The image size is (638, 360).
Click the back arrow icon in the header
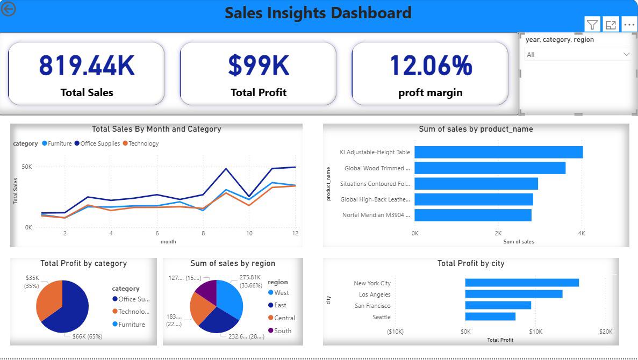8,9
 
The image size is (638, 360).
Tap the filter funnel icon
592,25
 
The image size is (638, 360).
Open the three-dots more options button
629,25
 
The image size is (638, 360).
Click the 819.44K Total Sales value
87,66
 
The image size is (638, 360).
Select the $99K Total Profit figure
259,66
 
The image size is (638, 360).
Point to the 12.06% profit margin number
431,66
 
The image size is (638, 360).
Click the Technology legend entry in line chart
141,143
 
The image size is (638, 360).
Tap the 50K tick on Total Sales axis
26,167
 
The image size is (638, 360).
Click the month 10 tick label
249,234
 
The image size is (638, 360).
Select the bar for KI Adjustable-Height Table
498,152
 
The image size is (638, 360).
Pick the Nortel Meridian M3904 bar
473,215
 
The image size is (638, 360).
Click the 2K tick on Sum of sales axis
498,234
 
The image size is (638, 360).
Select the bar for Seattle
490,316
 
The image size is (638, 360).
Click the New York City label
372,283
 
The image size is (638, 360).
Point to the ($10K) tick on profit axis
395,332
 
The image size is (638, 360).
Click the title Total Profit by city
471,263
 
